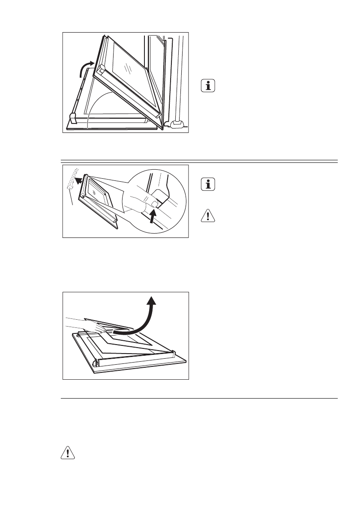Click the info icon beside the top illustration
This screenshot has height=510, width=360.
(208, 86)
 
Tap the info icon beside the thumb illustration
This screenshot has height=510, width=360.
(208, 185)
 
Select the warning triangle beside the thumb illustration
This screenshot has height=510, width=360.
(208, 216)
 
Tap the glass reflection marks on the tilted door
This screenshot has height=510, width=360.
(127, 68)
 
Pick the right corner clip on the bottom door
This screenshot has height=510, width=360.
(173, 353)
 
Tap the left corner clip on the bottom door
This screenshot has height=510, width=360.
(97, 363)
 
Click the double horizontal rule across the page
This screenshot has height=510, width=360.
(198, 161)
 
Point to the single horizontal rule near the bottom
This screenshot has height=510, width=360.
(198, 398)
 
